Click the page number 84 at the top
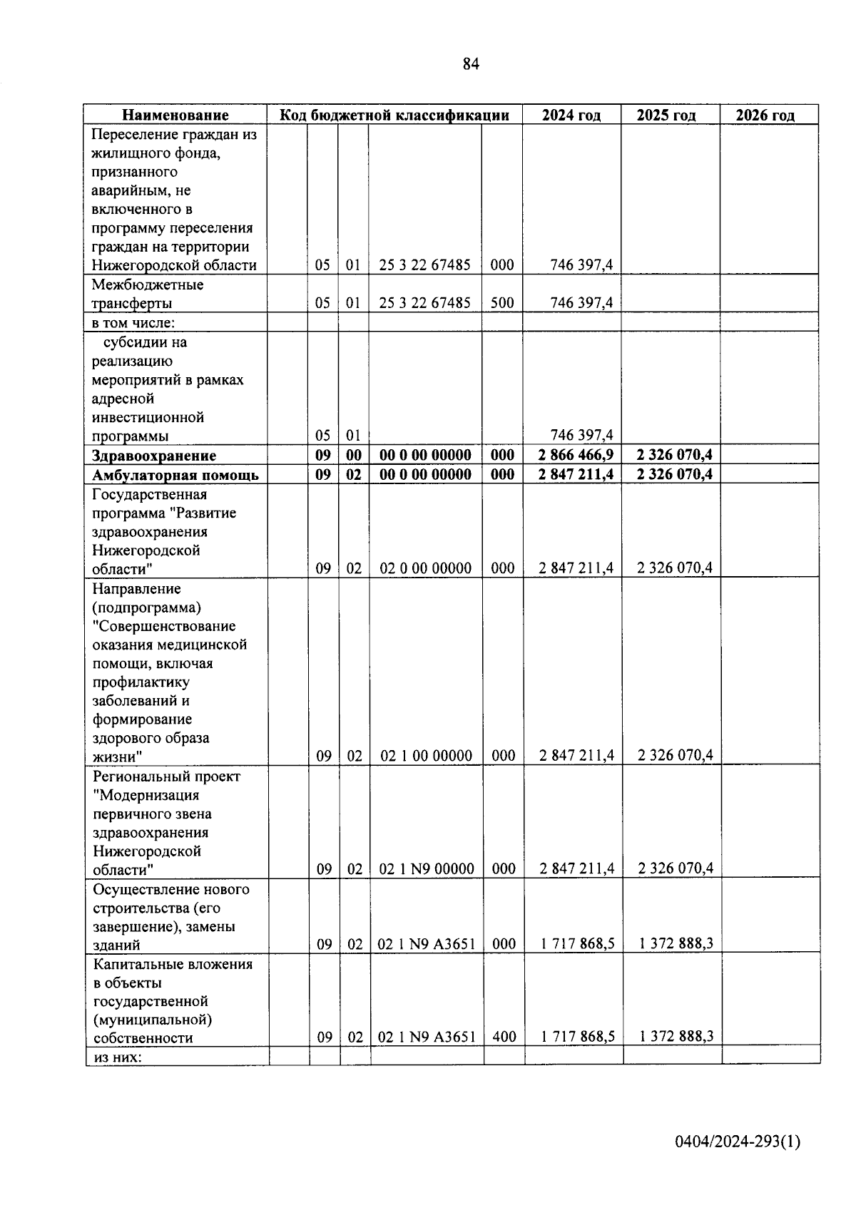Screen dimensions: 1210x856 471,64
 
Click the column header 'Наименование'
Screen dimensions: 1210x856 175,115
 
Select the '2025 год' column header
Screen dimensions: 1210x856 666,115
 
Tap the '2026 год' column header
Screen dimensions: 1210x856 765,115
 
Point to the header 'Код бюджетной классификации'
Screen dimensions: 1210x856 394,115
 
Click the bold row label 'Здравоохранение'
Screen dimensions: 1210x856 154,456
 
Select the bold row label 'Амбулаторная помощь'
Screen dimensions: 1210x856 175,475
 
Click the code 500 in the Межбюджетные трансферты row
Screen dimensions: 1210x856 502,302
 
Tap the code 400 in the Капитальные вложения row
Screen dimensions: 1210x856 504,1037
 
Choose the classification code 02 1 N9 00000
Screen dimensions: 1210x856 427,868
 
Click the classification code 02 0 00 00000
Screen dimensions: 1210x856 426,568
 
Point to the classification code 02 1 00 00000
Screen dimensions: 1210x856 427,756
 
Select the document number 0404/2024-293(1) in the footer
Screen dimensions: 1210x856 738,1142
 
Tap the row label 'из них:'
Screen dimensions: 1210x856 118,1057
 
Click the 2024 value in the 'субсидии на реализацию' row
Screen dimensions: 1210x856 581,435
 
